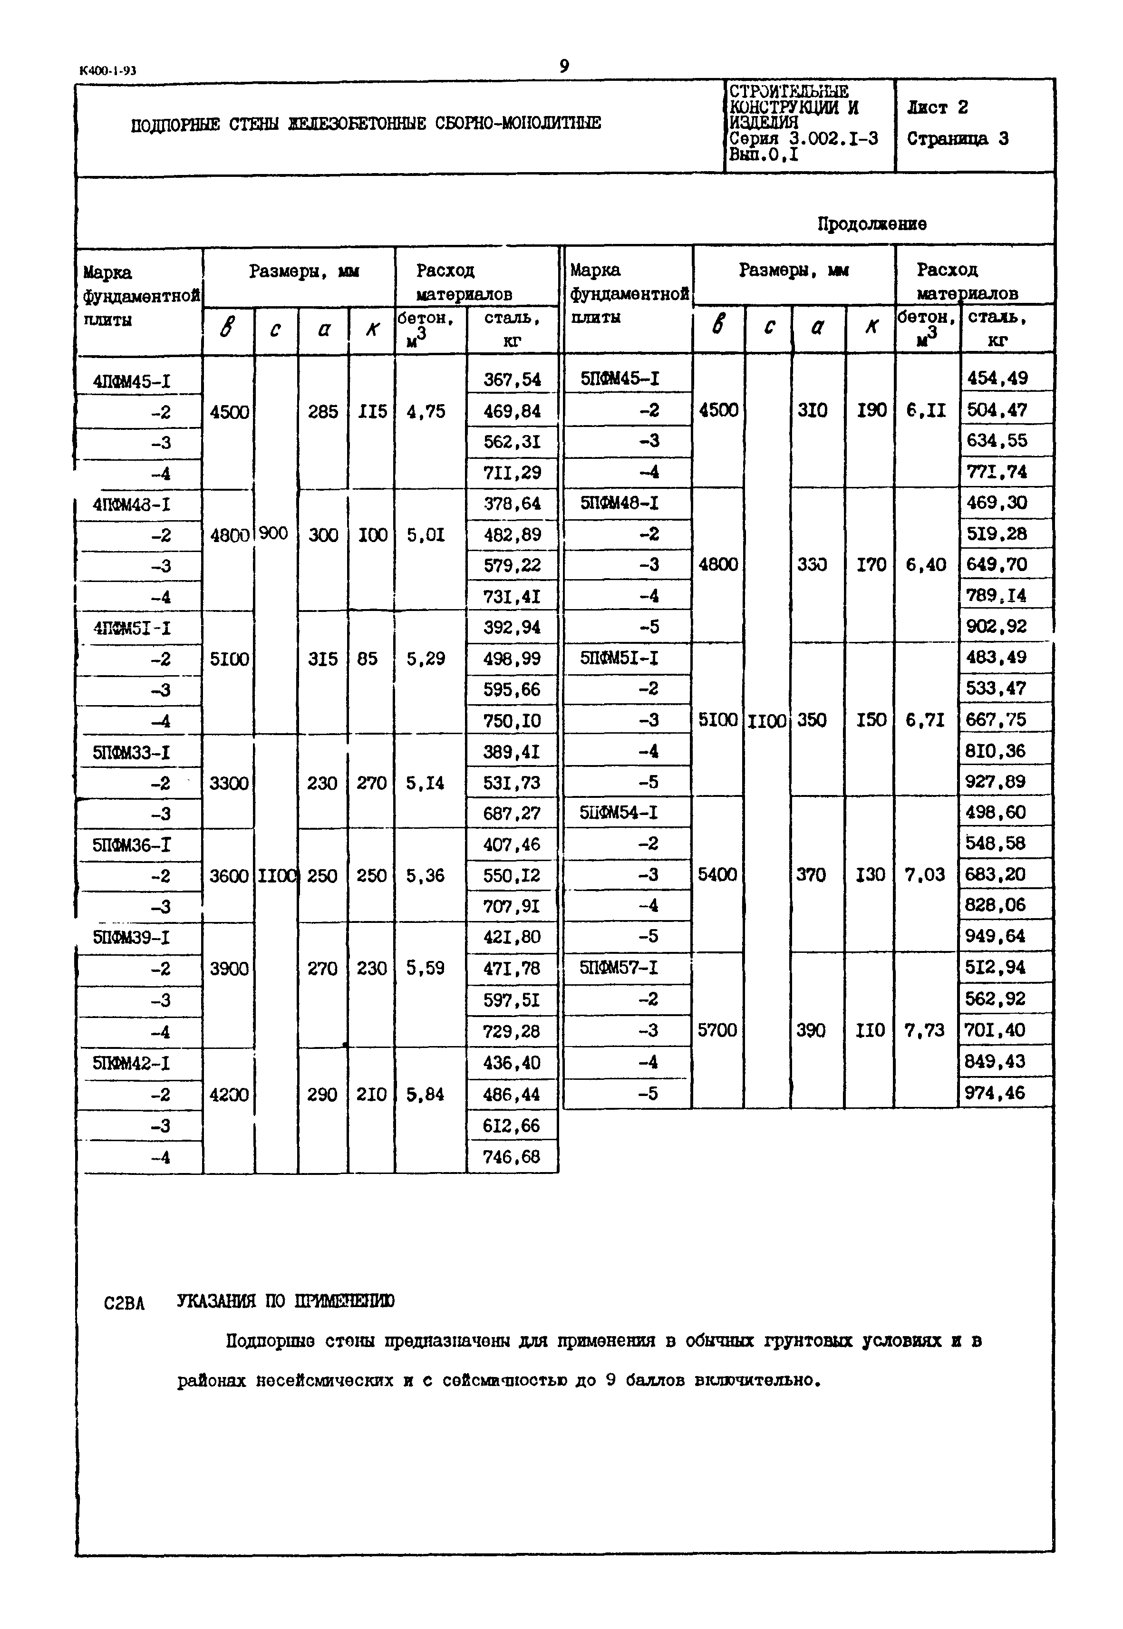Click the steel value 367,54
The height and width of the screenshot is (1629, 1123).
click(512, 380)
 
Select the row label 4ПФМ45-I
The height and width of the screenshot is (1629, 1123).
click(132, 381)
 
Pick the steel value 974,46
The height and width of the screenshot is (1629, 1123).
click(995, 1093)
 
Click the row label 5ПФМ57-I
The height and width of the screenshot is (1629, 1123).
click(619, 968)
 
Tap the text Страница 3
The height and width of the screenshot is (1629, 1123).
click(957, 139)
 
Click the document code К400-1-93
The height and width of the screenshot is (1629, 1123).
click(108, 70)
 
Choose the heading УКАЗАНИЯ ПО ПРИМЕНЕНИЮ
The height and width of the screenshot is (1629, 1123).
click(285, 1301)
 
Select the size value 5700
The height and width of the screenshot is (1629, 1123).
click(716, 1030)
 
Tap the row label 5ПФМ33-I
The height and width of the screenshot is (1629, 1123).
click(131, 753)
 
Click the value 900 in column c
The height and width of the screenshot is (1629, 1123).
click(274, 533)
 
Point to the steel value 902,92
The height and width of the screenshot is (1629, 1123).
click(996, 626)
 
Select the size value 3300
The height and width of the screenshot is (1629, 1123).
click(229, 783)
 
